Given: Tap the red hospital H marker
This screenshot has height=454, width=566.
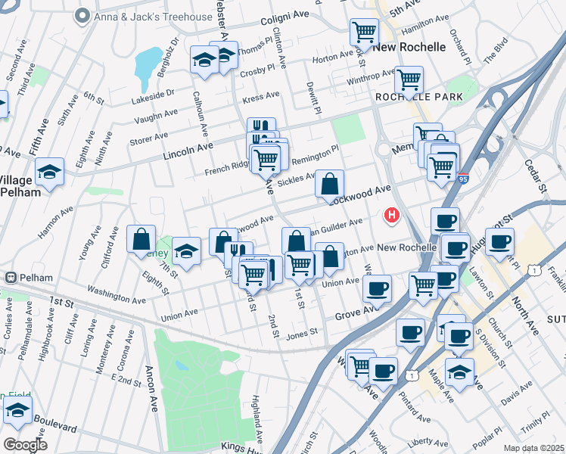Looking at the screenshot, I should point(392,216).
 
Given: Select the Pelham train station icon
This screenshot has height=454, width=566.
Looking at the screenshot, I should point(11,278).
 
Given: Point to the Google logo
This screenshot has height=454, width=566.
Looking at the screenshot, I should point(25,444).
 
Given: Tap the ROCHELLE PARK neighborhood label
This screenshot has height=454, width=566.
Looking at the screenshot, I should point(413,98).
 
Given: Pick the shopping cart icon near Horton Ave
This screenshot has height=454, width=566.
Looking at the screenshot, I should point(364,32).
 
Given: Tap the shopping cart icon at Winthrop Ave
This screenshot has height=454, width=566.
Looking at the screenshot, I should point(409,79).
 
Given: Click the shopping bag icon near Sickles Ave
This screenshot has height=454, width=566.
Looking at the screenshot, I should point(330,183).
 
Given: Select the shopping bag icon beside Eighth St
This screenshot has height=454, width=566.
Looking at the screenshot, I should point(141,239).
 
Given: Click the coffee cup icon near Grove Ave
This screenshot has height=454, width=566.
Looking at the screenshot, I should point(377,288).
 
